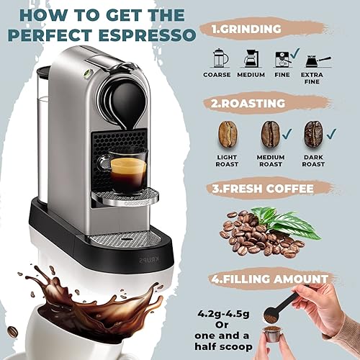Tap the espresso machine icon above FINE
coord(282,58)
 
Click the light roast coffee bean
coord(228,134)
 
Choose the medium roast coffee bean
coord(271,134)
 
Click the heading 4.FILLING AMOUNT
coord(275,280)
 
